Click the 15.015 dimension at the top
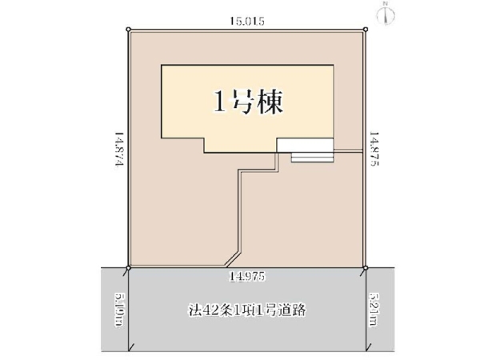[x=245, y=21]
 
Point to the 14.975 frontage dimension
[x=246, y=275]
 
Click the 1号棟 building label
[x=247, y=102]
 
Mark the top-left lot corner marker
[x=128, y=30]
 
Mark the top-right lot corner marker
[x=366, y=30]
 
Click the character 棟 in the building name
[x=269, y=102]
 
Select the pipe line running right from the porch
[x=348, y=150]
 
